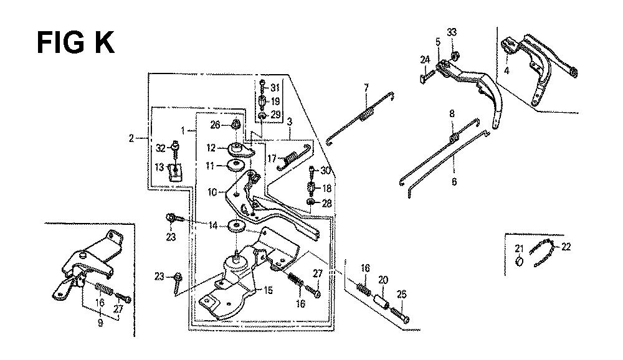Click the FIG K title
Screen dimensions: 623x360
pos(75,43)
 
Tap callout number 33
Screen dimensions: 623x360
pos(452,32)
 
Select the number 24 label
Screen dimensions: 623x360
pos(425,60)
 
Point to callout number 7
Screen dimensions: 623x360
pos(366,87)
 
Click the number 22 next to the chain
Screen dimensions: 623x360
pos(566,247)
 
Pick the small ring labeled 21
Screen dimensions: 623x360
pos(520,262)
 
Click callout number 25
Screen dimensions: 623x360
pos(402,295)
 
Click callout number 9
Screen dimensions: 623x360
pos(100,323)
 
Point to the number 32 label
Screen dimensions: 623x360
pos(161,149)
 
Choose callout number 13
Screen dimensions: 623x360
pos(159,168)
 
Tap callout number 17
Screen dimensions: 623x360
pos(272,159)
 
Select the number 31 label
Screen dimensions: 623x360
pos(275,88)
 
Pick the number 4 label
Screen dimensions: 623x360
pos(506,71)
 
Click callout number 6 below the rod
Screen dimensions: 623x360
pos(454,182)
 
